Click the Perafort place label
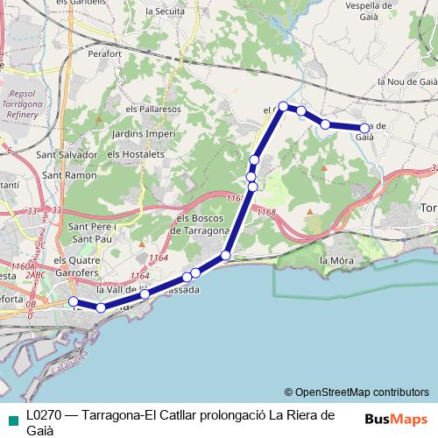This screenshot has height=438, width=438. click(104, 53)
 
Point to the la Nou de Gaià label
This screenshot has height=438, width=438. click(406, 81)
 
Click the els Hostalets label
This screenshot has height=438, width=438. click(136, 153)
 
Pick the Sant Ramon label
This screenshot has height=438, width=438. click(69, 175)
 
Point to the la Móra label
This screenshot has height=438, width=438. click(336, 260)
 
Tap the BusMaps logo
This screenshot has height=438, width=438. click(396, 419)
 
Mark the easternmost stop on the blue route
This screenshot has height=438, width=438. click(365, 128)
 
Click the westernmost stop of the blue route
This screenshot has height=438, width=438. click(74, 301)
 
